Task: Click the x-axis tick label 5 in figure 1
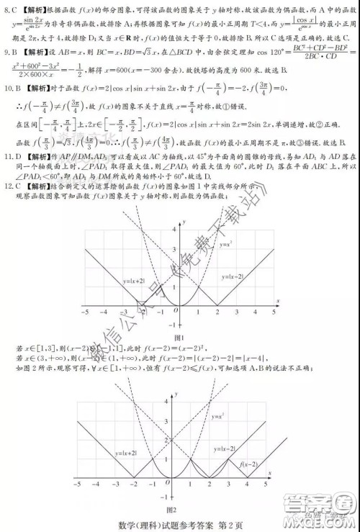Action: (x=274, y=313)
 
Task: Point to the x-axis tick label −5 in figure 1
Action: (x=85, y=313)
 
